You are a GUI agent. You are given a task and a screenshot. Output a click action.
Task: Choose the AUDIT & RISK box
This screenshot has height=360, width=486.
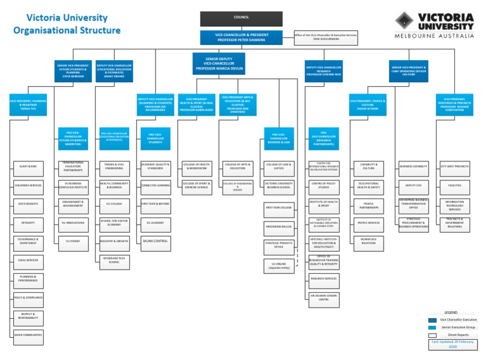click(x=28, y=169)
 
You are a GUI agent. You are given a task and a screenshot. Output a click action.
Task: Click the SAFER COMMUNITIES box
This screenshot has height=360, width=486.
click(x=28, y=334)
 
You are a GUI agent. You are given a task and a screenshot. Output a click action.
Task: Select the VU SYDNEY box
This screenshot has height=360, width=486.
click(x=72, y=241)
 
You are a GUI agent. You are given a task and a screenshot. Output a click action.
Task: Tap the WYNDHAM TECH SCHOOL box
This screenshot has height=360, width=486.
click(x=115, y=261)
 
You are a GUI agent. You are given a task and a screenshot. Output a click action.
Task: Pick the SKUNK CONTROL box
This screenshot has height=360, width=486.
click(x=156, y=240)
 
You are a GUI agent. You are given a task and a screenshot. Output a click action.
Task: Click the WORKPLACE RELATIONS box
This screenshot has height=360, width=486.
click(x=368, y=241)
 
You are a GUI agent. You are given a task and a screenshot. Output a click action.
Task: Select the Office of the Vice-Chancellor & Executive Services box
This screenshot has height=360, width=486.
click(x=326, y=38)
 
